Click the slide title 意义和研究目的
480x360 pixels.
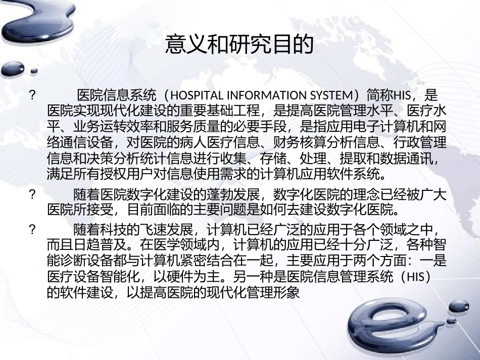pos(239,45)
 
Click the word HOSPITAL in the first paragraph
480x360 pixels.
pos(195,95)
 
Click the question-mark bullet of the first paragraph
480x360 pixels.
pos(32,95)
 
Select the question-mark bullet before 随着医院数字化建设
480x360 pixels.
pos(32,194)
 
